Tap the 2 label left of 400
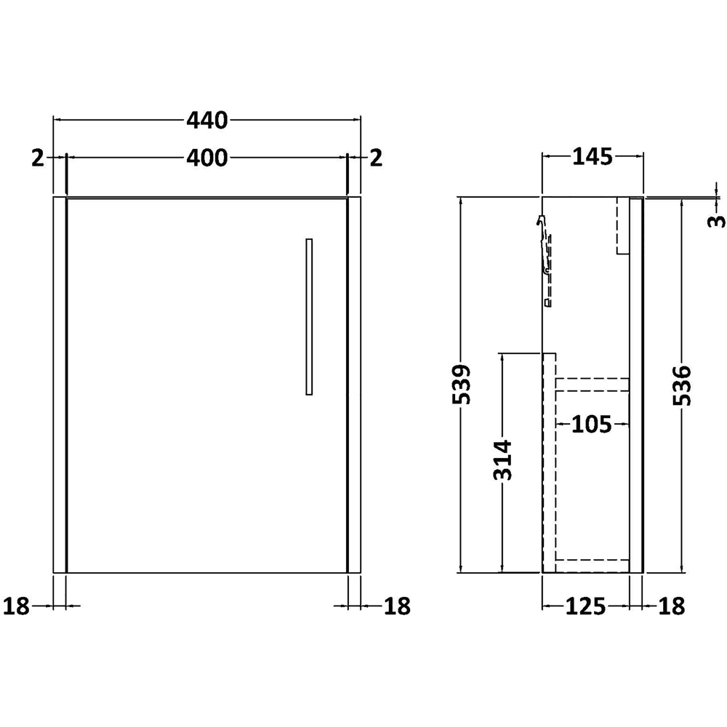click(39, 157)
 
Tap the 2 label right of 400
click(375, 157)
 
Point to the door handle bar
click(309, 316)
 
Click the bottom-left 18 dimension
click(17, 605)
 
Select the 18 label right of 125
click(672, 605)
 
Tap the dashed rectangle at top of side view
click(622, 225)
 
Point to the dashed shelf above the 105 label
click(593, 385)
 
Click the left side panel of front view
click(60, 385)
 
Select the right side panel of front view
click(354, 385)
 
